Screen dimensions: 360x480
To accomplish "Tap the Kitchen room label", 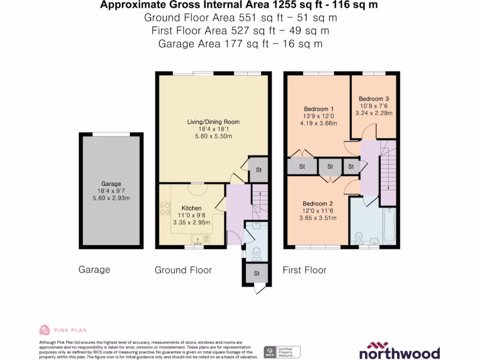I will [x=191, y=208].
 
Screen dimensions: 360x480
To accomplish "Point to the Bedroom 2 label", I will [x=317, y=204].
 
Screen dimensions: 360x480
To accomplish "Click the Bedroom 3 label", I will [x=374, y=99].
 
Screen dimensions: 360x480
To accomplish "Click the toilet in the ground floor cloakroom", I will [x=256, y=254].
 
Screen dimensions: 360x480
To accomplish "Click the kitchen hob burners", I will [x=165, y=208].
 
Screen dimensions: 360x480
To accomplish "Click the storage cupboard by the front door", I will [x=256, y=273].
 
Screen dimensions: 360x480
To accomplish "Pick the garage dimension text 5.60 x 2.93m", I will [x=112, y=198].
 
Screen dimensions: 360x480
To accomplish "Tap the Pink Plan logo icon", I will [x=45, y=330].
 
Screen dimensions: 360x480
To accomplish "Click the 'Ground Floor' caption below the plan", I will [x=183, y=270].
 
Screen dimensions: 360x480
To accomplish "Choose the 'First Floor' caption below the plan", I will [x=305, y=270].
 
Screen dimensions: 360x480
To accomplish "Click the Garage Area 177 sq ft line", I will [x=240, y=44].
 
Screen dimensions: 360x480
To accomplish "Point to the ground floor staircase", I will [x=259, y=196].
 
